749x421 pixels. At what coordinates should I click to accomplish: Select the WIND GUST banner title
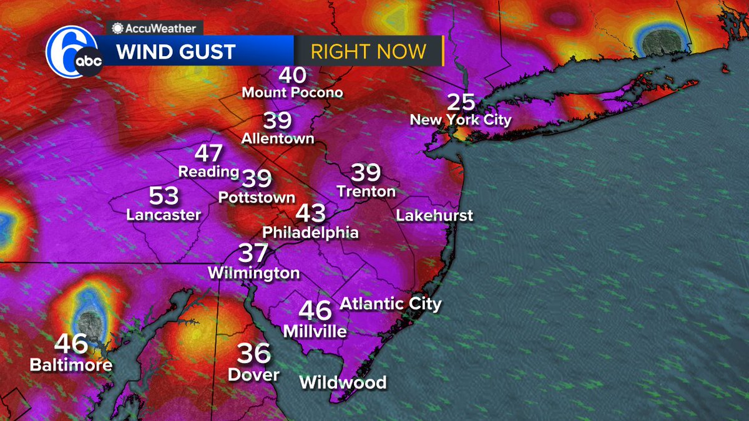(176, 51)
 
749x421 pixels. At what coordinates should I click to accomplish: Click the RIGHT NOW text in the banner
(368, 51)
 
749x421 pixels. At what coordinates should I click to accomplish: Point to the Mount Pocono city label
(292, 92)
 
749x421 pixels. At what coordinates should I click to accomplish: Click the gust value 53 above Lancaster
(164, 196)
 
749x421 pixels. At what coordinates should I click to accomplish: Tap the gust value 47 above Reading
(209, 153)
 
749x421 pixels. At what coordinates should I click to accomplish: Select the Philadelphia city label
(310, 233)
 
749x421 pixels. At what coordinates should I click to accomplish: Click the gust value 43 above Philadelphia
(310, 213)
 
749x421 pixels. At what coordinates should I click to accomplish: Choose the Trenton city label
(366, 191)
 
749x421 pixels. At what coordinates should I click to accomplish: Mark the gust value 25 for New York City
(461, 102)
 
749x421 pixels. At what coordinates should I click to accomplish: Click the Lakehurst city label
(434, 216)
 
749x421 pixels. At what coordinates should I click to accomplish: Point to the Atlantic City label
(390, 304)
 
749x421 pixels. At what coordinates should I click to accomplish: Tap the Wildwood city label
(343, 382)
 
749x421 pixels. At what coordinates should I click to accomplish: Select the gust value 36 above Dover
(254, 354)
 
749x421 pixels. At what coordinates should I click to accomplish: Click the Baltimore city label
(71, 364)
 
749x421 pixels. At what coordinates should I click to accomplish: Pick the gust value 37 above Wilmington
(253, 254)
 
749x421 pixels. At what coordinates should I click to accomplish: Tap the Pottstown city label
(257, 198)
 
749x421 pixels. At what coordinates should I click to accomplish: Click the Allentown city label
(278, 138)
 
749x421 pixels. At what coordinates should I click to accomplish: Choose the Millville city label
(315, 331)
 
